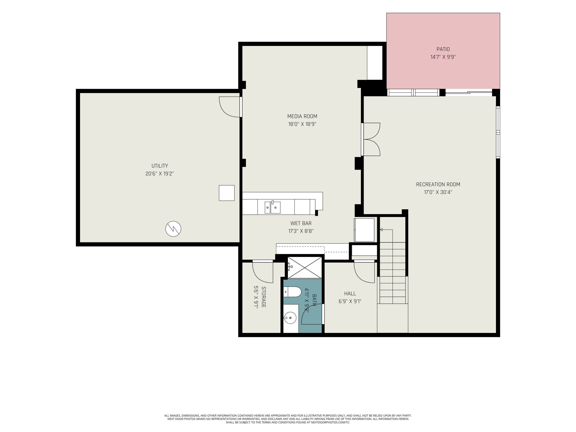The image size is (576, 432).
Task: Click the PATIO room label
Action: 443,49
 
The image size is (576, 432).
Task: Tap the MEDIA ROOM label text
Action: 302,116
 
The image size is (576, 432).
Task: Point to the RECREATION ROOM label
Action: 438,184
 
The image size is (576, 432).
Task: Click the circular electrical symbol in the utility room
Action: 173,229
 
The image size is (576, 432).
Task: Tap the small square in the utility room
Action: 227,193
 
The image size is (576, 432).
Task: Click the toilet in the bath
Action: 292,292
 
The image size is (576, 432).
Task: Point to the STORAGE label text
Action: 264,297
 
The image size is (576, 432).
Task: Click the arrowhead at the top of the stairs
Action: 381,230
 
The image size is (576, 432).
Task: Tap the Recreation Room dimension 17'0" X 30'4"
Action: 438,192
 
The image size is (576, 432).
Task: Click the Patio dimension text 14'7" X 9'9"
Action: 443,57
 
